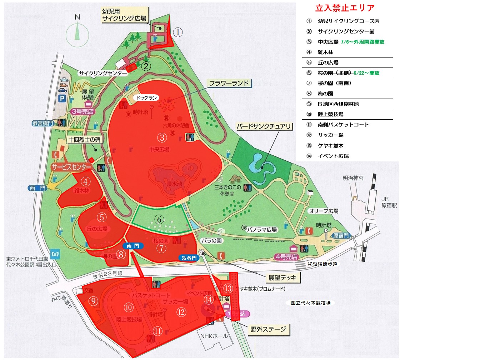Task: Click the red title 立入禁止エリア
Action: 345,8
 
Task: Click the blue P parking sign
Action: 62,99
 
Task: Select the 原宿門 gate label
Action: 341,236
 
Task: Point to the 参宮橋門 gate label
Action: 42,123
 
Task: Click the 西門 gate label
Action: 37,188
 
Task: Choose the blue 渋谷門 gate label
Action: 189,258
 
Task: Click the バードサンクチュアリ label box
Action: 264,126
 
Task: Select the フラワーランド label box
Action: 229,83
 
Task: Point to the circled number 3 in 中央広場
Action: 162,137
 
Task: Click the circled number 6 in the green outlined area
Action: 159,219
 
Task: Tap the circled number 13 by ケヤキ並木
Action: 228,288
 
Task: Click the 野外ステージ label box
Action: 268,329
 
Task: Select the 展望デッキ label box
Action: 282,277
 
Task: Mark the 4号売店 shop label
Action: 286,257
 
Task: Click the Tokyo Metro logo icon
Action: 55,254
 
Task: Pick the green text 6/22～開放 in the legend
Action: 366,73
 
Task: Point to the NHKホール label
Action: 214,336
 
